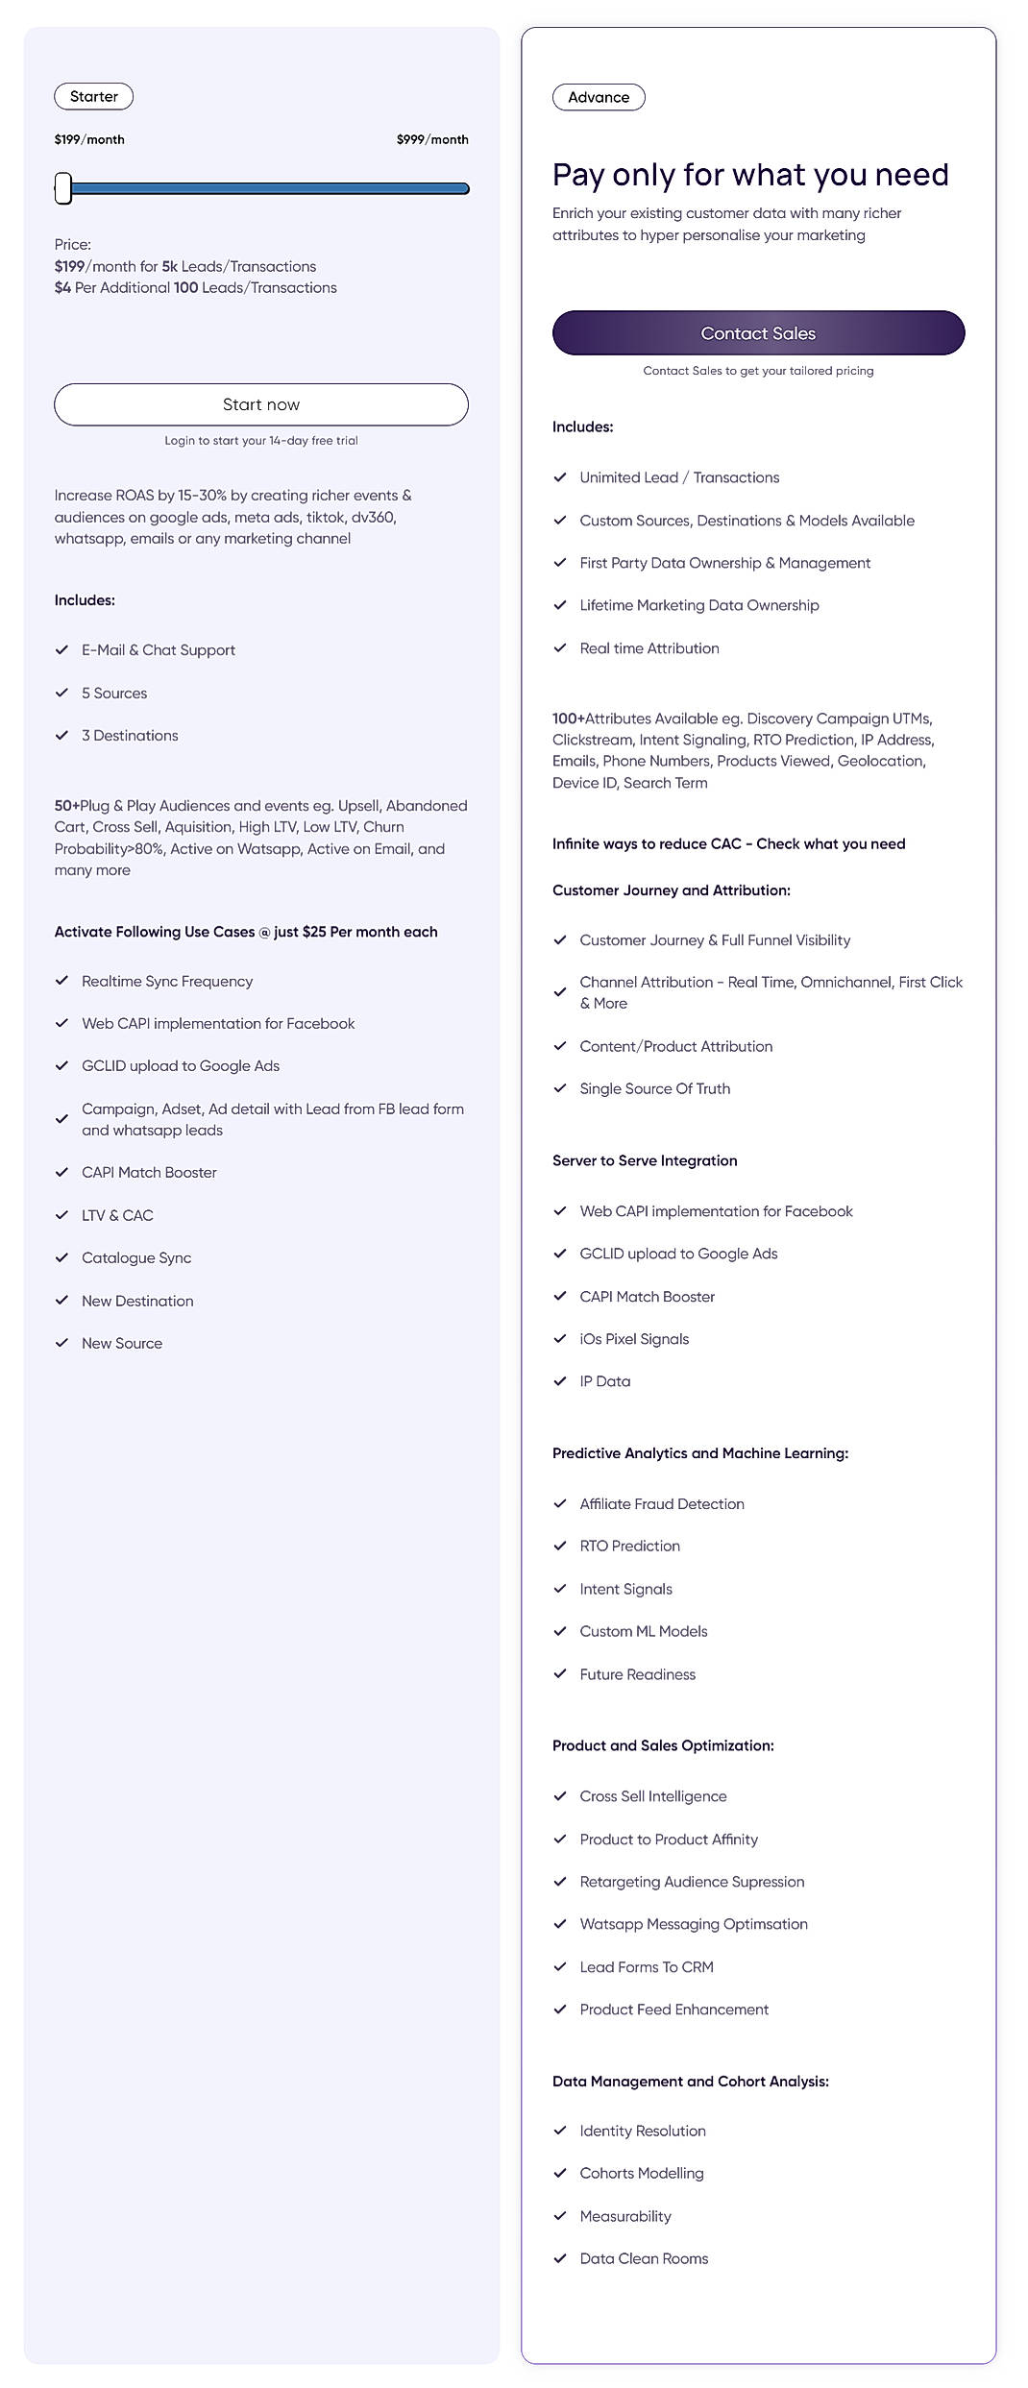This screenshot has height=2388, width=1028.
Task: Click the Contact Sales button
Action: [758, 333]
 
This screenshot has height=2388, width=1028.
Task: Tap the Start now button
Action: [261, 404]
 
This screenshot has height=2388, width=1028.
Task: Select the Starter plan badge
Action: [94, 97]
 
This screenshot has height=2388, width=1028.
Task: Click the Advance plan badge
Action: [599, 98]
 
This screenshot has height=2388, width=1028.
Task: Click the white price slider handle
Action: [63, 188]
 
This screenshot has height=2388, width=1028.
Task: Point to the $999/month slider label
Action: [432, 139]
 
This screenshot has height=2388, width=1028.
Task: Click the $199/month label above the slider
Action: [89, 139]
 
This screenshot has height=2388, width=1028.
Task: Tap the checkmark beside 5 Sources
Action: [62, 693]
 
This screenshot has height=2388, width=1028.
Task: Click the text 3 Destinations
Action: [130, 736]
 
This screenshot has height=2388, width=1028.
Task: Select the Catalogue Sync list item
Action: [136, 1258]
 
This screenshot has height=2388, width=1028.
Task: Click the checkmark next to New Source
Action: [62, 1343]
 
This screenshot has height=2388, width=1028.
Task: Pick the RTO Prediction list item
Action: [629, 1547]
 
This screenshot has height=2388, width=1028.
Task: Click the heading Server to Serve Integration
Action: [645, 1161]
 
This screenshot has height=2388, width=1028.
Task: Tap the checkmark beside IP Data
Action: [560, 1381]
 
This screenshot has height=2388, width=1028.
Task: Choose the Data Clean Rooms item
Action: [644, 2259]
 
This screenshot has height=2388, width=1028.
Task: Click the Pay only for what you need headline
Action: [750, 175]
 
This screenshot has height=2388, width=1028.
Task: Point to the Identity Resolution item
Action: [643, 2132]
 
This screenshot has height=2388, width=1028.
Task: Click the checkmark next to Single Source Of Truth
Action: [560, 1088]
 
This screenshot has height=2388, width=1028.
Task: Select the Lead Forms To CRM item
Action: [647, 1967]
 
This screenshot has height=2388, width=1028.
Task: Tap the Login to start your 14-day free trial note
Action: [261, 441]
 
